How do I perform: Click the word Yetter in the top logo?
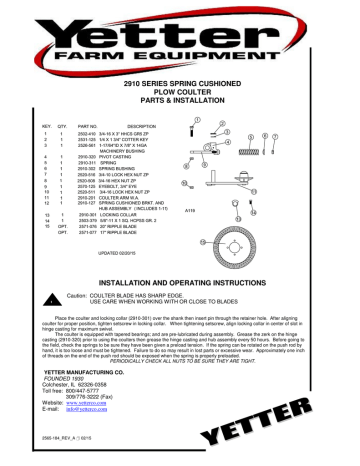[x=180, y=33]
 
